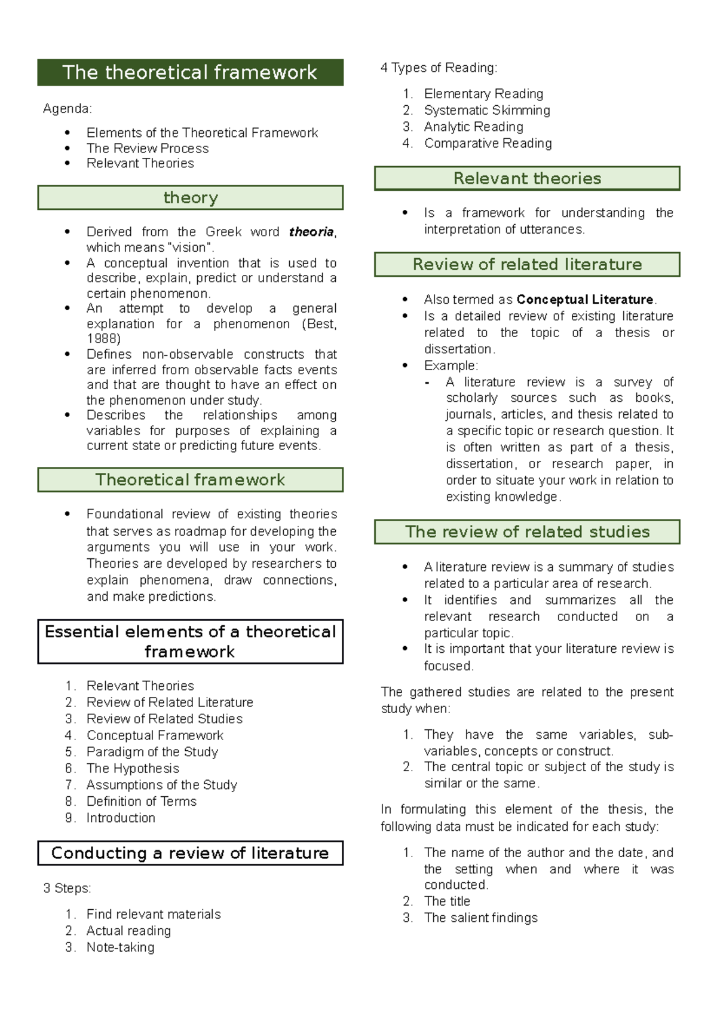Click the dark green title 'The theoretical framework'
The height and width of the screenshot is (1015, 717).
tap(190, 72)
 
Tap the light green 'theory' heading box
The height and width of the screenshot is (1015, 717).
tap(190, 197)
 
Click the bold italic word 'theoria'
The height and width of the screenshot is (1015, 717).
tap(311, 232)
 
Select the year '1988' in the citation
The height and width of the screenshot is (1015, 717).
tap(103, 339)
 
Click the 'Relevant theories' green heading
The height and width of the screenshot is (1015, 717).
tap(527, 178)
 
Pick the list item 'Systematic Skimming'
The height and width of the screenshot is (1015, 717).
tap(487, 110)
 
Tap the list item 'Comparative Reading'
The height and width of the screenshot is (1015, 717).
tap(488, 143)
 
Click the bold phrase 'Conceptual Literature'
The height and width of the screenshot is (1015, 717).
tap(585, 299)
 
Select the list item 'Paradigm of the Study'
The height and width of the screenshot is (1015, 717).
tap(152, 752)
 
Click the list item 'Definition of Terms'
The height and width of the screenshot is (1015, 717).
tap(142, 801)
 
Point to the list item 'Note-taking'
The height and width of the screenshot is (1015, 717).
tap(121, 947)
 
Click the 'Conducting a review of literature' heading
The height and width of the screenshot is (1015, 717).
tap(190, 853)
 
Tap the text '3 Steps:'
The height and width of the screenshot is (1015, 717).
tap(67, 888)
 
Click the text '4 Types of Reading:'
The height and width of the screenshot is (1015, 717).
tap(439, 68)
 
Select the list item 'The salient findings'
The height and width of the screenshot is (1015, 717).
tap(481, 918)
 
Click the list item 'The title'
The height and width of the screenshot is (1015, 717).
tap(447, 901)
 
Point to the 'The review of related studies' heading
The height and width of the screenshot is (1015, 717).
tap(527, 531)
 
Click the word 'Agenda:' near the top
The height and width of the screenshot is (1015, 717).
tap(68, 109)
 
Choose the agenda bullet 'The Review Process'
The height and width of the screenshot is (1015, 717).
tap(148, 148)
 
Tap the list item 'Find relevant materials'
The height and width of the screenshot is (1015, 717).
tap(154, 914)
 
